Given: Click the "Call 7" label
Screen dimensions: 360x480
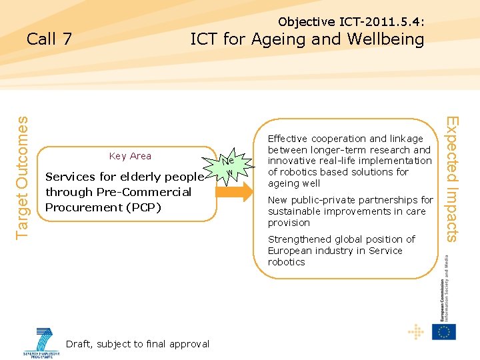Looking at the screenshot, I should click(49, 39).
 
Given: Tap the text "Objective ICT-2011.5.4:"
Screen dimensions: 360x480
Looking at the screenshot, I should click(351, 22).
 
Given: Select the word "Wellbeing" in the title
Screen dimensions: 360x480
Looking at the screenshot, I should click(387, 39).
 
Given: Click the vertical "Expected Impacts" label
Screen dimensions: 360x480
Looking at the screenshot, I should click(453, 179).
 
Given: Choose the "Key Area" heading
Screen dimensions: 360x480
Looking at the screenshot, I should click(130, 156).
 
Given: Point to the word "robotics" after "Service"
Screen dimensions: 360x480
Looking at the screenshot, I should click(287, 262).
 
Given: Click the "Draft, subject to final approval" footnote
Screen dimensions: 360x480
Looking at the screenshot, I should click(138, 344).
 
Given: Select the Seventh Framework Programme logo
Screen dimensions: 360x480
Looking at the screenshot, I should click(44, 342).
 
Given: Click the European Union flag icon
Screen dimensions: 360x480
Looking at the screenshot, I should click(443, 331).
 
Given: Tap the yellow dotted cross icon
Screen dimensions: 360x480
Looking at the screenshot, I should click(415, 331).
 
